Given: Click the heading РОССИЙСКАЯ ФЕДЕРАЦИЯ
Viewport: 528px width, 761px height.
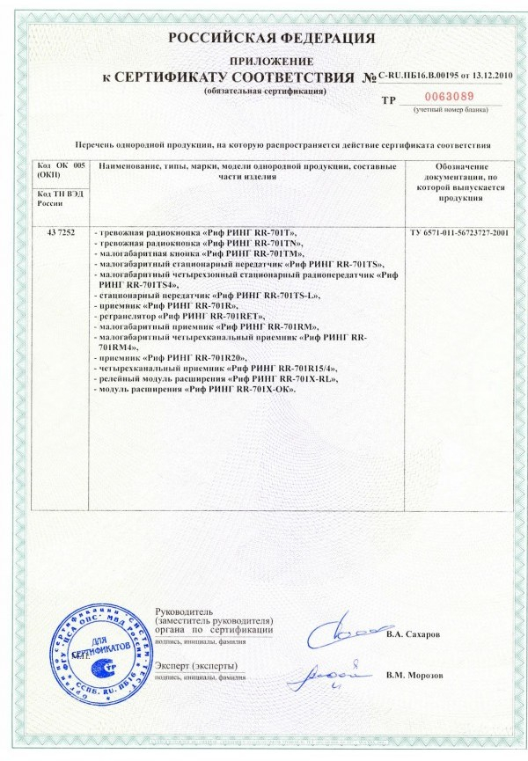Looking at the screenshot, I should pos(265,38).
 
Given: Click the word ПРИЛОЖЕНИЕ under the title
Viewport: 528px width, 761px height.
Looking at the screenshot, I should pos(265,61).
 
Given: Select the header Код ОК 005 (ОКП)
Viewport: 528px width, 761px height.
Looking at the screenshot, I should pos(60,171).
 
